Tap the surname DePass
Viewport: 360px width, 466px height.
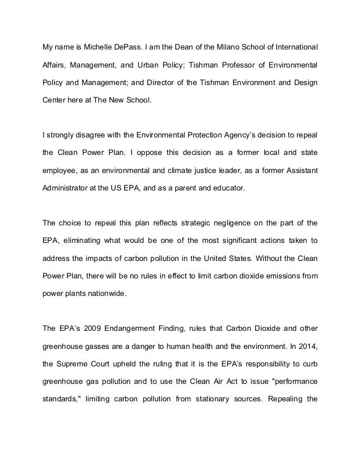(130, 46)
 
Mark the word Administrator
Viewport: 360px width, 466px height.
(68, 188)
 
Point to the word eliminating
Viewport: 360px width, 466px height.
(86, 241)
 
